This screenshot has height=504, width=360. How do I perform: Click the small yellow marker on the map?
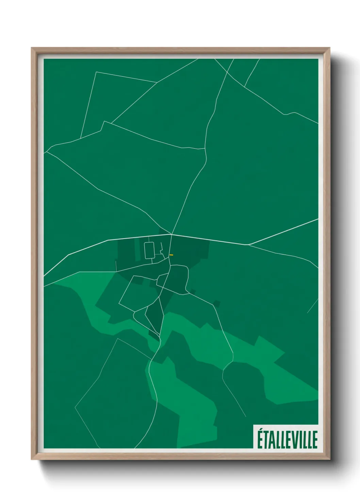(171, 255)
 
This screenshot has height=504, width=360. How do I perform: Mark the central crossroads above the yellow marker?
(171, 234)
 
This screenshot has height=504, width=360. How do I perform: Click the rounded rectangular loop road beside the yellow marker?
(149, 250)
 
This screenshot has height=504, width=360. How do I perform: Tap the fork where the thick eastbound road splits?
(249, 245)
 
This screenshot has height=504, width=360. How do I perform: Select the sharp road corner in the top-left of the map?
(96, 72)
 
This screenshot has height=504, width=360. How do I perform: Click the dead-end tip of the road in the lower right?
(245, 416)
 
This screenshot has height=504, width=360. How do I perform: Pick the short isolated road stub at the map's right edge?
(312, 306)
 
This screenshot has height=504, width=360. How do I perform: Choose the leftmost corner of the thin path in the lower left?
(75, 407)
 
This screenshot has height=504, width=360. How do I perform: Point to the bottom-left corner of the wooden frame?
(32, 459)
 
